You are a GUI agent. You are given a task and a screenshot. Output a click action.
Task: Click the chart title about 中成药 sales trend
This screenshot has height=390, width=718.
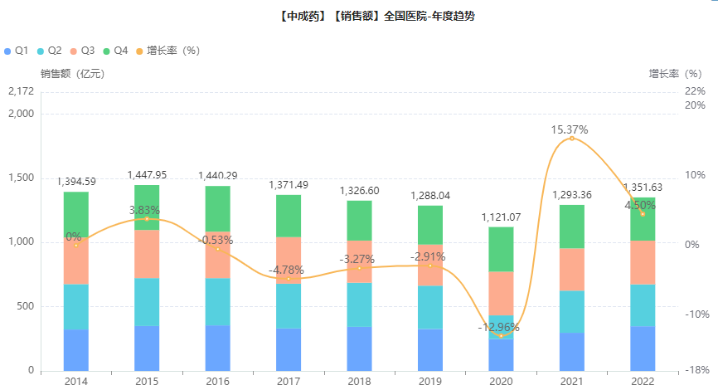point(359,16)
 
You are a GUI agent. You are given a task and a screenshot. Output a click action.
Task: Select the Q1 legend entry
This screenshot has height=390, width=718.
point(17,51)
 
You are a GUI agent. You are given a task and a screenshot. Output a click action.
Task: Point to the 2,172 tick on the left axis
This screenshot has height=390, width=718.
point(21,90)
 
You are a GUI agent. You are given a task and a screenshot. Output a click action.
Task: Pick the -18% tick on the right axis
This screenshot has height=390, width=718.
point(696,370)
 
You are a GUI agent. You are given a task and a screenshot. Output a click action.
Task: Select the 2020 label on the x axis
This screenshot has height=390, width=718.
point(501,381)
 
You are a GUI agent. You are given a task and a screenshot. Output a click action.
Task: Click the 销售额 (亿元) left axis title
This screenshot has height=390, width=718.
point(71,73)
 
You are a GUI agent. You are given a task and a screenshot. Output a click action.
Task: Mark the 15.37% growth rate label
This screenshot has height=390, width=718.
point(570,129)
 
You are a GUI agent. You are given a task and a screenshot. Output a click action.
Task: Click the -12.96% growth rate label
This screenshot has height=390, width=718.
point(499,327)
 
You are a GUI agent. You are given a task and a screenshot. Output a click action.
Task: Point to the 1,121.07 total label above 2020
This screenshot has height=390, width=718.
point(501,217)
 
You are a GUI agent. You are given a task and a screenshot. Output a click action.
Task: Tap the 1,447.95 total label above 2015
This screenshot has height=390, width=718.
point(147,175)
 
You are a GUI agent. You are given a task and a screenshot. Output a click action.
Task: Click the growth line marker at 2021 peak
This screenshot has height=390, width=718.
point(571,139)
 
